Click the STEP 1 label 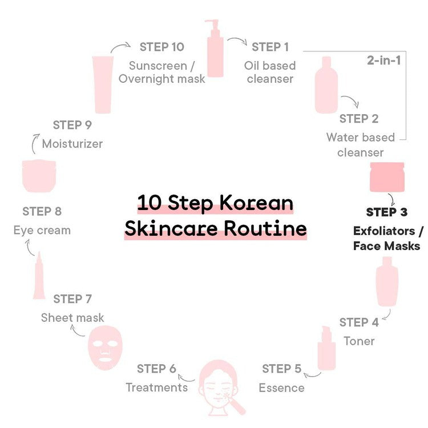coord(270,47)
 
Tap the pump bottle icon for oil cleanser coord(215,49)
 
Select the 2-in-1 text coord(384,60)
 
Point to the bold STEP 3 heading coord(386,212)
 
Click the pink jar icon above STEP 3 coord(387,177)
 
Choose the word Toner coord(359,341)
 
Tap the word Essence coord(281,388)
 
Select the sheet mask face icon coord(105,348)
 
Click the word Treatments coord(157,387)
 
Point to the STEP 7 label coord(72,299)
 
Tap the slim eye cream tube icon coord(39,275)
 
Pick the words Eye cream coord(42,231)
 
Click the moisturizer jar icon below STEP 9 coord(39,176)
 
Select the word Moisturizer coord(72,144)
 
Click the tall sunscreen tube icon coord(103,84)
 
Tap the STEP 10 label coord(162,47)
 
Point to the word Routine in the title coord(265,229)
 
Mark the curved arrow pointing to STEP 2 coord(350,100)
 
